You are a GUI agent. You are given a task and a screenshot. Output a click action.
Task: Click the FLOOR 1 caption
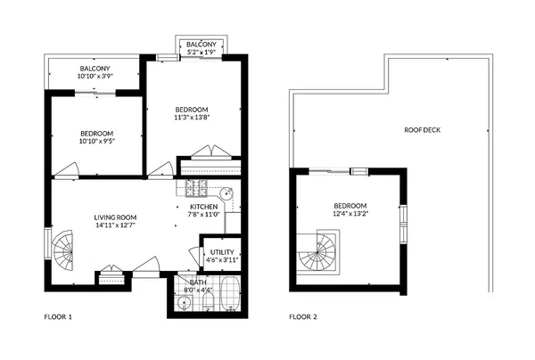tap(58, 316)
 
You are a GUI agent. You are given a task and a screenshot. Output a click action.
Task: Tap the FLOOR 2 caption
tap(303, 316)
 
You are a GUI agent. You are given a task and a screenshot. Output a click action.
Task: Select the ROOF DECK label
tap(422, 130)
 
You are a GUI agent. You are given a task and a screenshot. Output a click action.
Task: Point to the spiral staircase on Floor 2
tap(317, 251)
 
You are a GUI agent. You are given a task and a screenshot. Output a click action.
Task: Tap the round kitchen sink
tap(226, 192)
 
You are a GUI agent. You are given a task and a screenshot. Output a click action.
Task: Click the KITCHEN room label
tap(204, 207)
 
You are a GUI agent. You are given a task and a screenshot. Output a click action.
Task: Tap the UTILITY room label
tap(221, 253)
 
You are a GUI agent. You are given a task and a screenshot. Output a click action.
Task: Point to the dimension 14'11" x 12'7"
tap(115, 225)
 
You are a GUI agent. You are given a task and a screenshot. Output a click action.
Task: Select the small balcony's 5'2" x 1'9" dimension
tap(201, 53)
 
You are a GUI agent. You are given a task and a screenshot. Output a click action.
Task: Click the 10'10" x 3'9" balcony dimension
tap(95, 77)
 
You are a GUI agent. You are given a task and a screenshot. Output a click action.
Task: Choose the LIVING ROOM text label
tap(115, 217)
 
